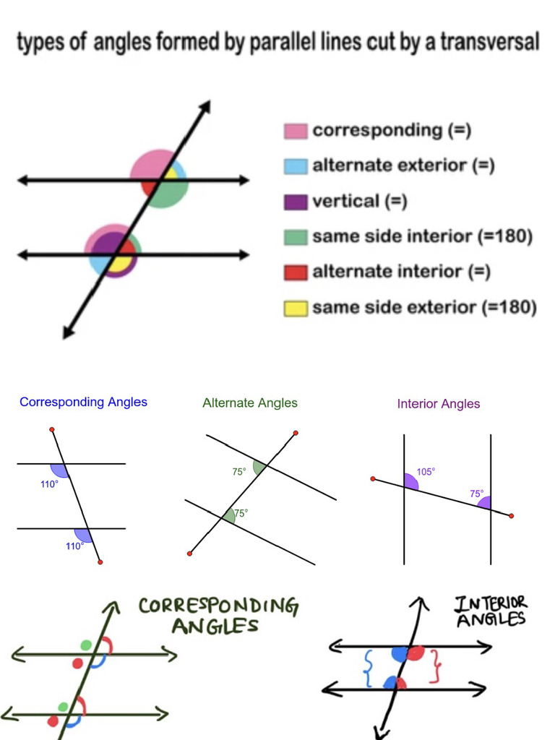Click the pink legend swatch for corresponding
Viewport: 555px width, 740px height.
(x=296, y=131)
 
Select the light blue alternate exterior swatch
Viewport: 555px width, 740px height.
(x=296, y=165)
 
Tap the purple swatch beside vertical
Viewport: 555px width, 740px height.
(x=296, y=202)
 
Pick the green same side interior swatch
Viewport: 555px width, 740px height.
(x=296, y=237)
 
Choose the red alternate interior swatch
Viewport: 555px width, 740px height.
(x=296, y=272)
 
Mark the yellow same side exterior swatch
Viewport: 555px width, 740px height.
(x=296, y=309)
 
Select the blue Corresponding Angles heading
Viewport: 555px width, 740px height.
(x=83, y=402)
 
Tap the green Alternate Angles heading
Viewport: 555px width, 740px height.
(x=250, y=403)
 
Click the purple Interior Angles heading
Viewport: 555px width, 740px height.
(x=439, y=404)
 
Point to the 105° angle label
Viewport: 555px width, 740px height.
(x=426, y=472)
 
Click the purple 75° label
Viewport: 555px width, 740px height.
(x=477, y=494)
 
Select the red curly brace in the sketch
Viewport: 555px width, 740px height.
(x=435, y=666)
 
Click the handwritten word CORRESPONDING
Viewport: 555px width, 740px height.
(x=218, y=606)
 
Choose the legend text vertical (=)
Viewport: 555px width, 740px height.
(x=360, y=201)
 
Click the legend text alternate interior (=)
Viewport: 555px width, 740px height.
(x=402, y=272)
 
